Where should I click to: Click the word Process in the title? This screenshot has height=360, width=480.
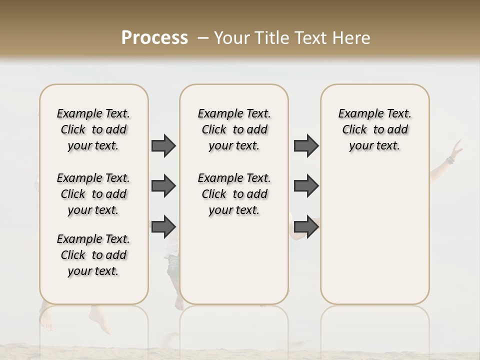154,38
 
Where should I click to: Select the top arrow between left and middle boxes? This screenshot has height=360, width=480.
163,145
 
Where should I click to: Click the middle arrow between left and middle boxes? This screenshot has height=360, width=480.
163,186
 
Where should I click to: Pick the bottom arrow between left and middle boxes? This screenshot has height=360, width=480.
163,226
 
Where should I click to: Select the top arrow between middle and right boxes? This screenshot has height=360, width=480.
306,145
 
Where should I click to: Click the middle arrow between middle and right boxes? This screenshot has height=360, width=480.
306,186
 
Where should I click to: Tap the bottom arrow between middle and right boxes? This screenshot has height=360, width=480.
306,226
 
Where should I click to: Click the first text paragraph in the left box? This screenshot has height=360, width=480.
93,129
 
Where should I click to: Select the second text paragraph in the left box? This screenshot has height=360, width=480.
93,194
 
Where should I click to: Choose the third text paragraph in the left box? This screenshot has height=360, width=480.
93,255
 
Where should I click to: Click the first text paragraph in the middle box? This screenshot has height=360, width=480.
234,129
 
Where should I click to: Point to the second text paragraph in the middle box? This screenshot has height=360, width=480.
234,194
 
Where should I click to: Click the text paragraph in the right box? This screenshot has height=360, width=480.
375,129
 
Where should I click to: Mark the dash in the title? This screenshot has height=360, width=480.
203,38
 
